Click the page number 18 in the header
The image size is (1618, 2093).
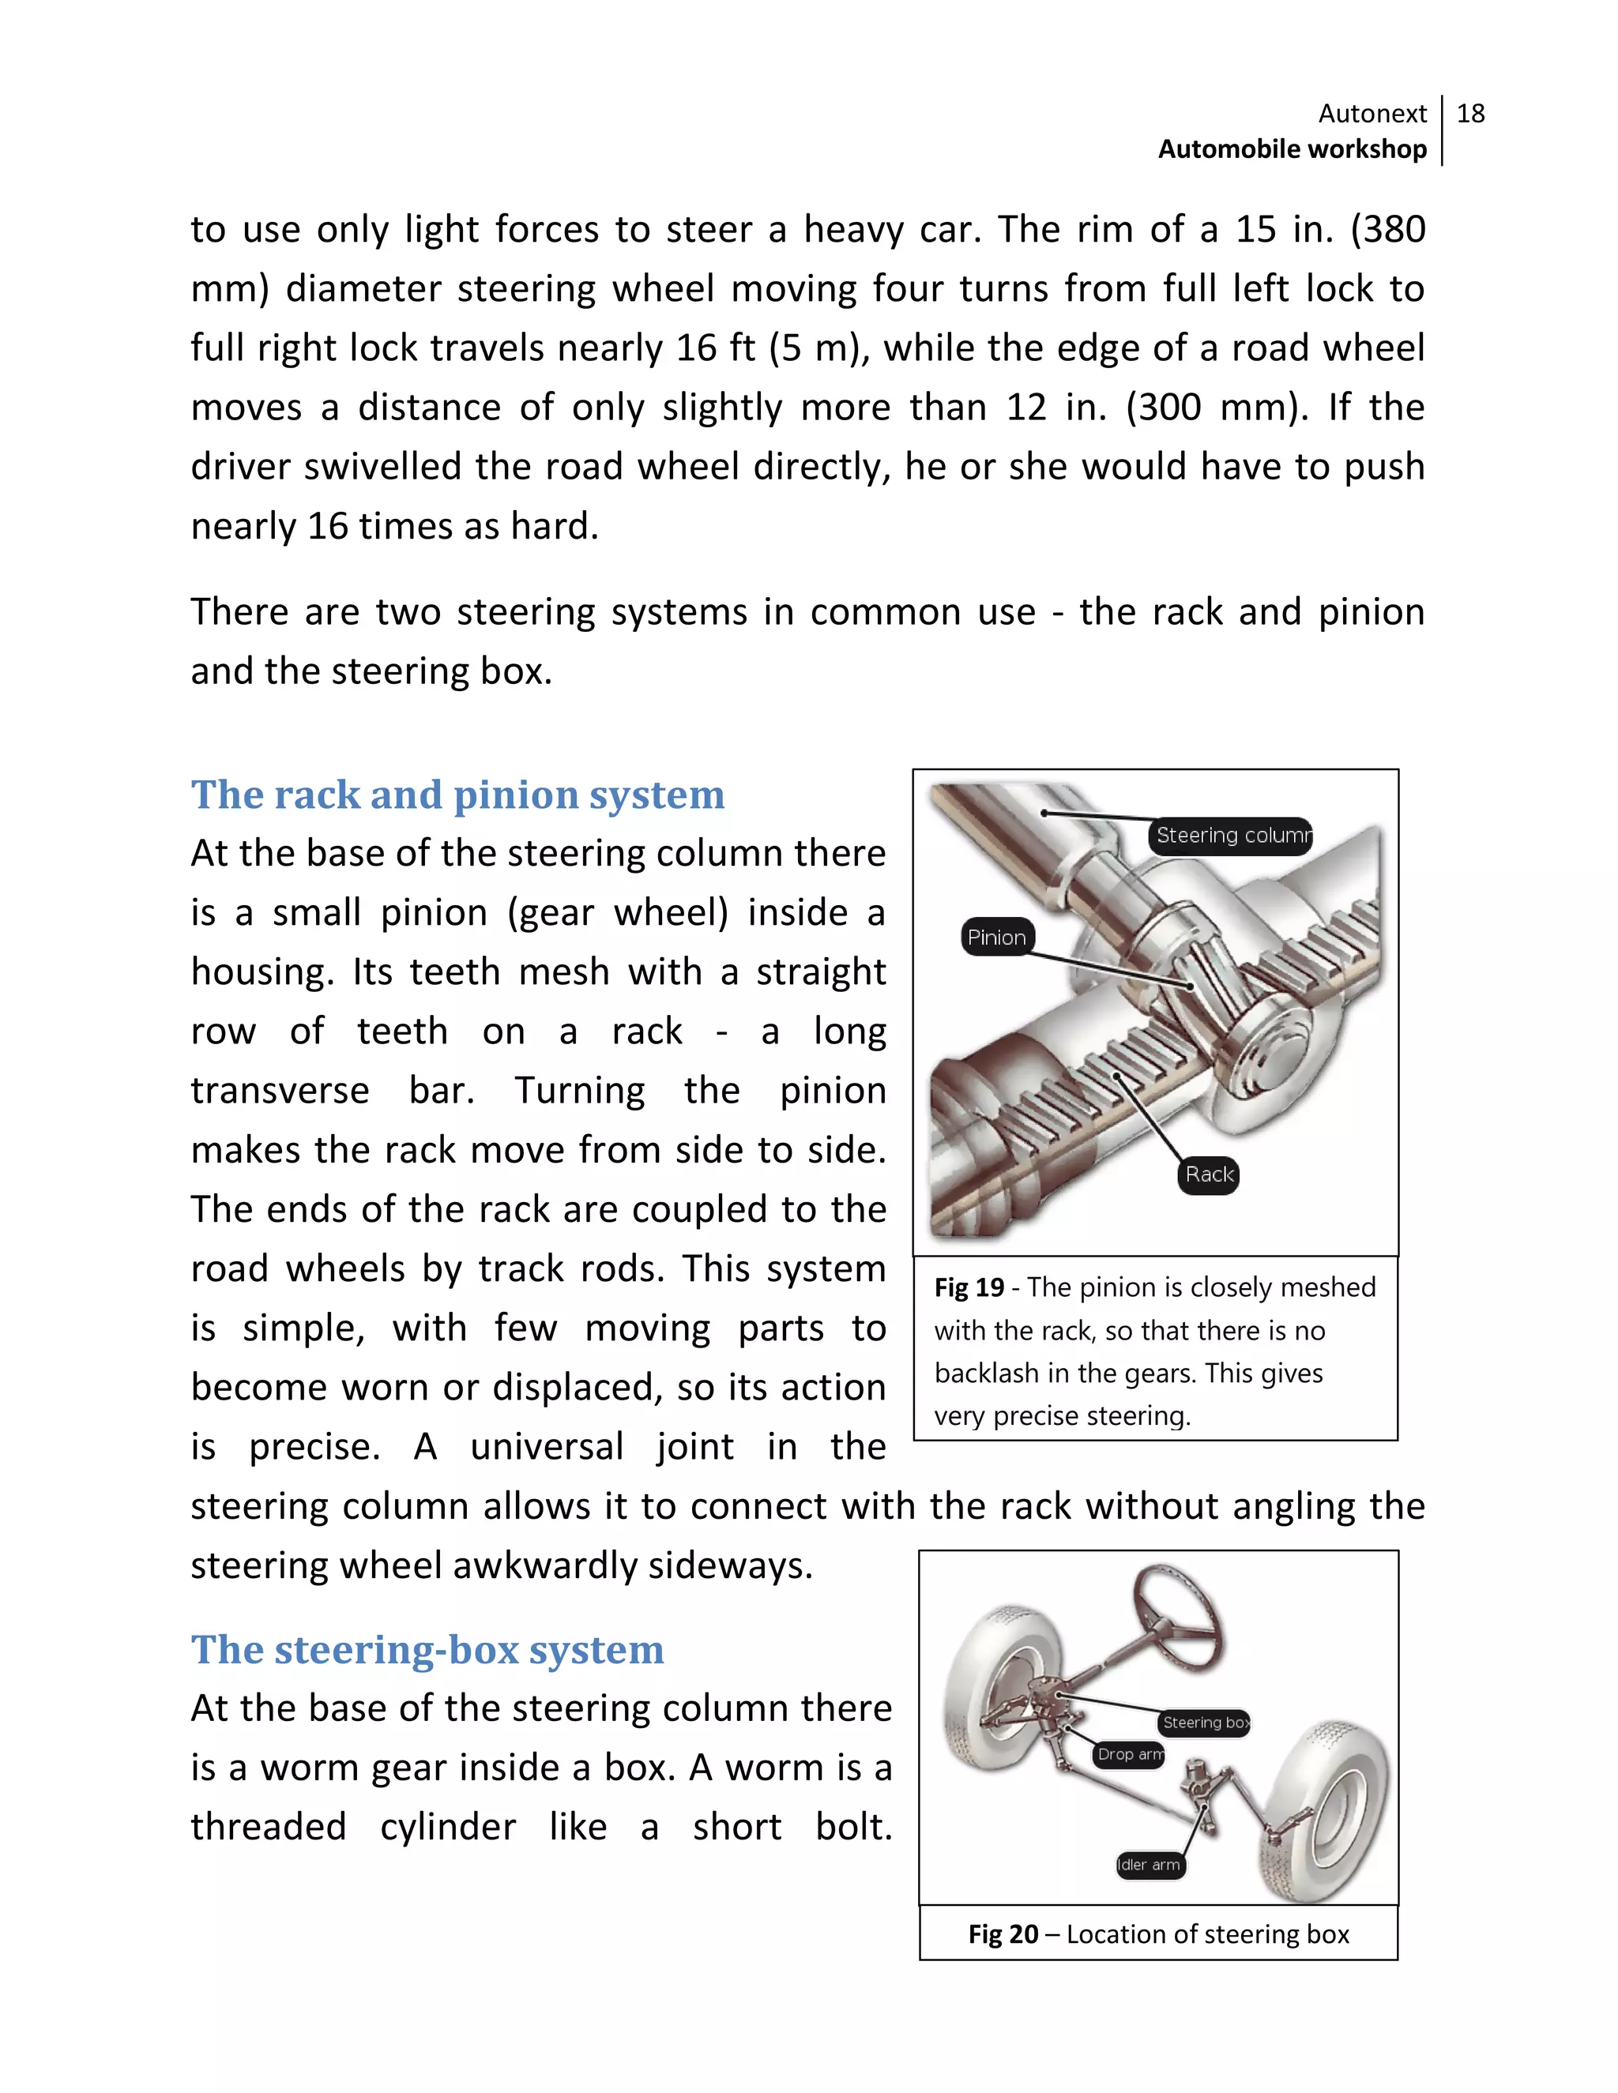pos(1470,113)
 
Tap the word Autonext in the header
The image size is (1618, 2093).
pos(1372,113)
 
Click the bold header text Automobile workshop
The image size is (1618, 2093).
pos(1291,149)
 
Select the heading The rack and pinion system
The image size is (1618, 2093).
pos(457,795)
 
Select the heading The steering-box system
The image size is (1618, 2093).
pos(427,1649)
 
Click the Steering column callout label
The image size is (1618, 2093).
pos(1231,835)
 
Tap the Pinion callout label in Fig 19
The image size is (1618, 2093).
pos(996,938)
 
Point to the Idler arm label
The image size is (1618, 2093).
pos(1150,1865)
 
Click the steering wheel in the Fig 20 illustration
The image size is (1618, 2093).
pos(1176,1620)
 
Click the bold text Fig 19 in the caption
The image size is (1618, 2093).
pos(968,1288)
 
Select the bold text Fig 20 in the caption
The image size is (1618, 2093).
pos(1003,1934)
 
